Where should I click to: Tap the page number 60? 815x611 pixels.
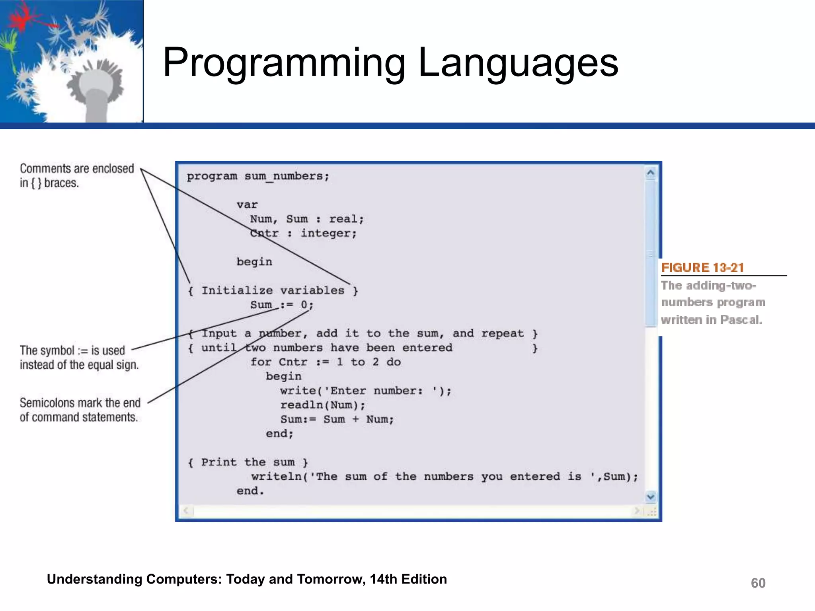(x=758, y=583)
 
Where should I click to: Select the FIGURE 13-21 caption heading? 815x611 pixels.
(x=702, y=268)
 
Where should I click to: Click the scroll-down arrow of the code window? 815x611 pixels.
(x=651, y=496)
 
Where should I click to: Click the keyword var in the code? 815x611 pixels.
(x=247, y=205)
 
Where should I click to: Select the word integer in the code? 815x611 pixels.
(x=328, y=234)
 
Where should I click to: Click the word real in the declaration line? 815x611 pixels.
(x=345, y=219)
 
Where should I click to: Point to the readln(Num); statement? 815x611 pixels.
(x=322, y=405)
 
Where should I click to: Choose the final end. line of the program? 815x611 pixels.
(x=250, y=491)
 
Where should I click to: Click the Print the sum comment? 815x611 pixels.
(x=248, y=462)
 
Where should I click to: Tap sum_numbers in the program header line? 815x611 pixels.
(x=287, y=176)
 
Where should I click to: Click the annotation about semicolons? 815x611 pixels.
(x=80, y=410)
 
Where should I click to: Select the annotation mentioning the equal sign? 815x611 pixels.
(x=79, y=357)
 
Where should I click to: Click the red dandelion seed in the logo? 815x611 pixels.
(x=24, y=18)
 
